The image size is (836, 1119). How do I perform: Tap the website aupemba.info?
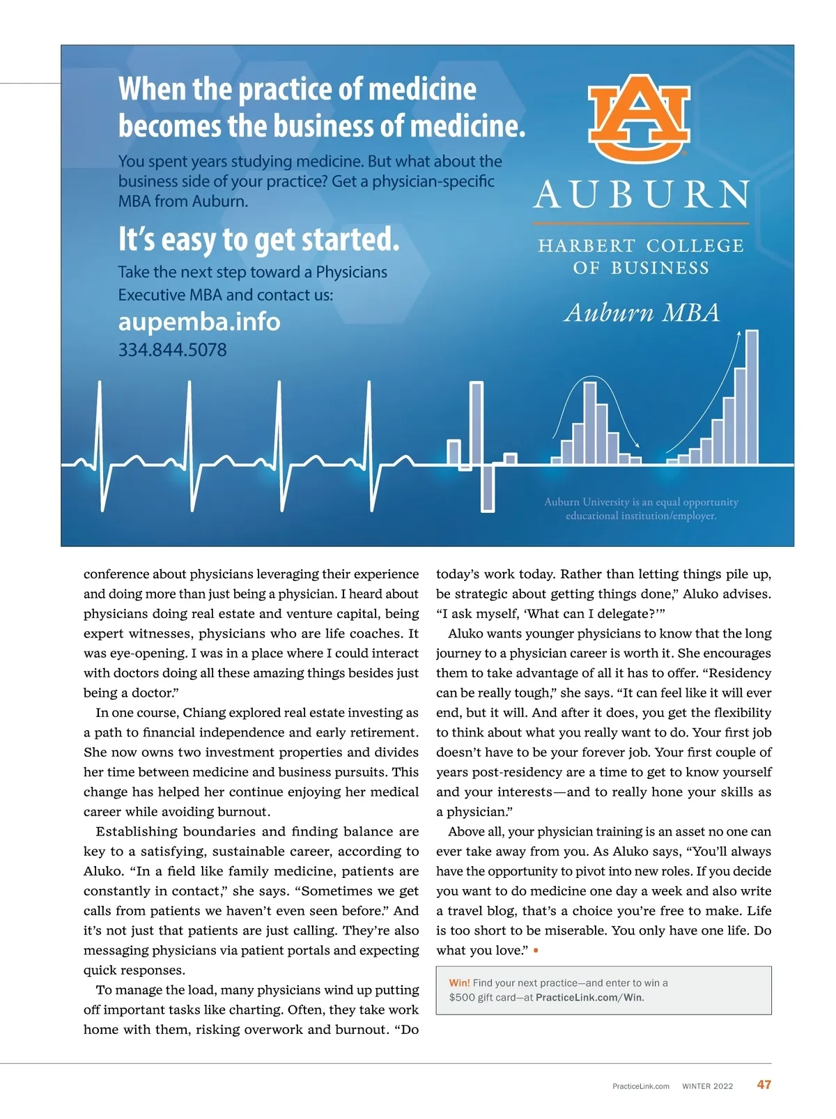(199, 322)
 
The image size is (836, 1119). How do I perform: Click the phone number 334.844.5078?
(172, 350)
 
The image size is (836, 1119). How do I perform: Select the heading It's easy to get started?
(258, 240)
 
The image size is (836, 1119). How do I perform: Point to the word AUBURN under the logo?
(641, 194)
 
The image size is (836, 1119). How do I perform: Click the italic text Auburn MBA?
(642, 313)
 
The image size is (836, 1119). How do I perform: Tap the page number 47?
(764, 1084)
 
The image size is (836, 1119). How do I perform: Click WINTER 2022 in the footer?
(707, 1086)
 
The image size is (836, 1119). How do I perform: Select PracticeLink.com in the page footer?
(640, 1086)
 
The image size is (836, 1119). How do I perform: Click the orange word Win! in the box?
(459, 982)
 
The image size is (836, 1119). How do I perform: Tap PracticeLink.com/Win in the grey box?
(589, 997)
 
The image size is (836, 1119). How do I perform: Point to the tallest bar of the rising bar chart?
(752, 397)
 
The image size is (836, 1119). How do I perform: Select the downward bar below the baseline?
(488, 488)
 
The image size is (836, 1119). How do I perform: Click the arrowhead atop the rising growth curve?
(738, 334)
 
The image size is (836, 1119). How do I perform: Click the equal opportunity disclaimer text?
(641, 509)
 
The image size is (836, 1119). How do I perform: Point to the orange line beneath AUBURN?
(641, 224)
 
